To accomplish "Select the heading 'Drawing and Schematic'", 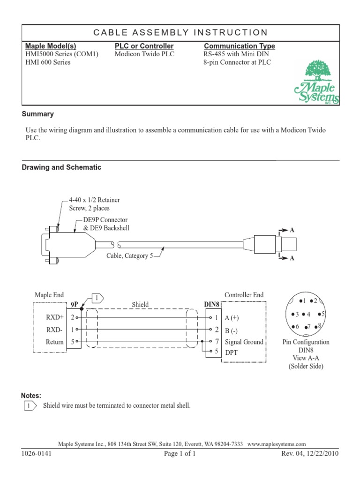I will pos(62,167).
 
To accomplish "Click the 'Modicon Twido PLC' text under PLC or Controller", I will pos(144,54).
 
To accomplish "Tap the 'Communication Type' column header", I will pos(240,46).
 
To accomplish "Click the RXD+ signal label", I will pos(54,317).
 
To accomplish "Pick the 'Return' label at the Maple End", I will pos(54,342).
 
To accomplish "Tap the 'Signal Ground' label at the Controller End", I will pos(244,342).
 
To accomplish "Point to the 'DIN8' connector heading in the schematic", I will pos(211,304).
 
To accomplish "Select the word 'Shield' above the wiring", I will pos(140,304).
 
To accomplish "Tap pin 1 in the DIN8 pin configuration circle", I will pos(302,300).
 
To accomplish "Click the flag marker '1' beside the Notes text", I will pos(30,405).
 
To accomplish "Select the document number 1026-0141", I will pos(36,454).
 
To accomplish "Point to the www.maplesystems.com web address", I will pos(277,444).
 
